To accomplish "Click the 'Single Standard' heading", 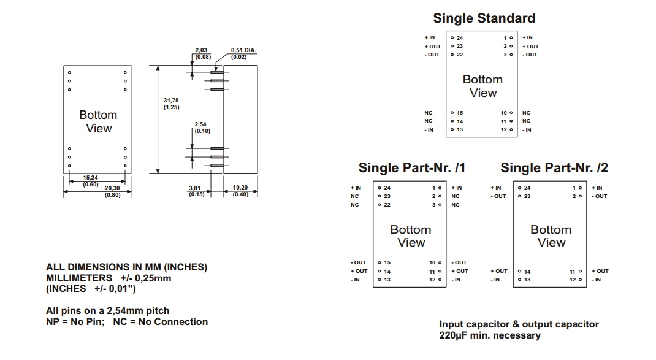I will click(x=484, y=18).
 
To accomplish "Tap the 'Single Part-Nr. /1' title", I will click(x=411, y=168).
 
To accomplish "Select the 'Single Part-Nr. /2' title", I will click(x=554, y=168).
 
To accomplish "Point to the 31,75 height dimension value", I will click(x=171, y=101).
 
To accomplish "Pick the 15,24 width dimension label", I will click(x=90, y=178).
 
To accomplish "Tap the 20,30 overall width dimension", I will click(x=112, y=188).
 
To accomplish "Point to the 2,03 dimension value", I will click(x=201, y=50).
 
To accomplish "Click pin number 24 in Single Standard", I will click(x=460, y=38).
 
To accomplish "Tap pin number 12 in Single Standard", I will click(x=504, y=129).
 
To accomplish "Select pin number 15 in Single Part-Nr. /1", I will click(x=387, y=262).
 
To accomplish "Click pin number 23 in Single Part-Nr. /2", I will click(x=527, y=196).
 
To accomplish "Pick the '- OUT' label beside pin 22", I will click(x=432, y=55).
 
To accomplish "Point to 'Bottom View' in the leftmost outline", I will click(x=98, y=121).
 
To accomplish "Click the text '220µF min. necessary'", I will click(x=490, y=335).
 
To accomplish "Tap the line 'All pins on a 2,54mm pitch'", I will click(x=108, y=310).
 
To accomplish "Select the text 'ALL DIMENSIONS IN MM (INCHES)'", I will click(x=127, y=267).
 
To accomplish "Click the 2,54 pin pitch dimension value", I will click(x=201, y=124).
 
